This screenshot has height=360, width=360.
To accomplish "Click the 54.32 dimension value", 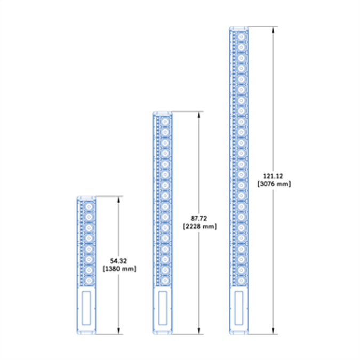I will click(119, 261).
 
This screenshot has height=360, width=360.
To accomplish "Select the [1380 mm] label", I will click(119, 269).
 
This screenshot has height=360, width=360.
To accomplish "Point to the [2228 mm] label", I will click(199, 227).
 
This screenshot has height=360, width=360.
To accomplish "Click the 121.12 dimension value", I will click(274, 175).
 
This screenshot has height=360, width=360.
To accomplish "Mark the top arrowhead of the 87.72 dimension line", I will click(199, 114).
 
